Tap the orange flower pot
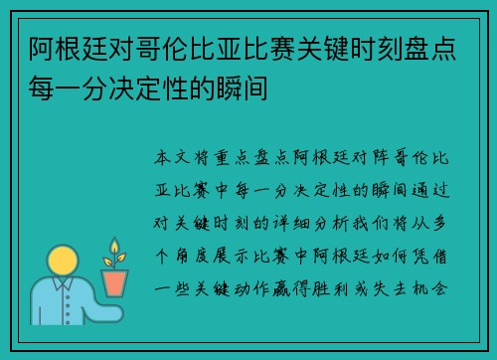[115, 282]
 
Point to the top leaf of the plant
[115, 245]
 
